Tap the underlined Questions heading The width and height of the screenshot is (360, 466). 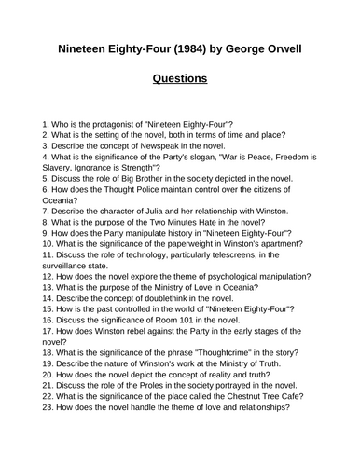coord(180,79)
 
